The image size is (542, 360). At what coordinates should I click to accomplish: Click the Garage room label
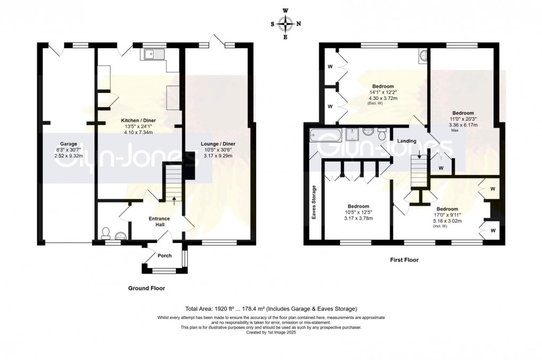pos(69,144)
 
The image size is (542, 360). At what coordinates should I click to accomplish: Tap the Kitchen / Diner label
pos(138,120)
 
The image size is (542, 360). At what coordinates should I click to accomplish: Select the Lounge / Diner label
pos(218,144)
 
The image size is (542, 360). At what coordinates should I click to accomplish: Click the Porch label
pos(165,256)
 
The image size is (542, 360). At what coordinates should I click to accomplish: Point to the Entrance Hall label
pos(159,221)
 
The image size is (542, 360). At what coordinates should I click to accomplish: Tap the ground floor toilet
pos(106,234)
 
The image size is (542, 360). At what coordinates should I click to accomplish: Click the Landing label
pos(406,141)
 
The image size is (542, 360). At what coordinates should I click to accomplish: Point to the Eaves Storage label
pos(314,202)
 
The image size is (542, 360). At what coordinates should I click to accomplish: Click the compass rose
pos(285,24)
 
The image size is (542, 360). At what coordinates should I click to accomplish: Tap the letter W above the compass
pos(285,11)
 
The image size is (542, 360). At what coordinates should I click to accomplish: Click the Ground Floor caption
pos(147,288)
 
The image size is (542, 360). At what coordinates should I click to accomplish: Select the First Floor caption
pos(404,259)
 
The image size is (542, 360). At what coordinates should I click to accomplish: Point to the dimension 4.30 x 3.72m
pos(383,98)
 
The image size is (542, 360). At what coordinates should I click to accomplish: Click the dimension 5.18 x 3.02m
pos(447,221)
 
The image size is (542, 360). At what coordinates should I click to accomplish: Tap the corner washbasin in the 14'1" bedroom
pos(422,55)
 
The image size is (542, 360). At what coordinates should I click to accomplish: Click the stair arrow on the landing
pos(420,155)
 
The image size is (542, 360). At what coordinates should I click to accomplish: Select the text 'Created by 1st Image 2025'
pos(271,332)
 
